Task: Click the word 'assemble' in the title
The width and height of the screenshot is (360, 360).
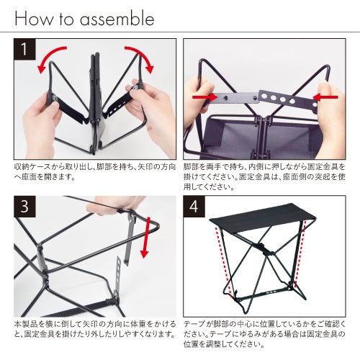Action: pos(117,19)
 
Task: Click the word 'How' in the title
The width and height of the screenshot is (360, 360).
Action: pos(34,19)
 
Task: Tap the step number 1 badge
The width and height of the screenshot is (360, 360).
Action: pos(24,49)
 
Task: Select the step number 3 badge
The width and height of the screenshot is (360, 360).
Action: pos(24,207)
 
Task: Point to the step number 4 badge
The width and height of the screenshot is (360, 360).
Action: pos(194,207)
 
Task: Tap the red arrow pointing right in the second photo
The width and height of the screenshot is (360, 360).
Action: pos(204,97)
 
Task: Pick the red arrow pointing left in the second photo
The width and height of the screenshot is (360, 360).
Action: pos(325,97)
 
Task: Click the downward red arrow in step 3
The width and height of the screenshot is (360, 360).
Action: pos(145,238)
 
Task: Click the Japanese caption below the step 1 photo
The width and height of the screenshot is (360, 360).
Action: pos(95,172)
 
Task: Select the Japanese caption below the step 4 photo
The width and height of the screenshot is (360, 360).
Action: pos(264,334)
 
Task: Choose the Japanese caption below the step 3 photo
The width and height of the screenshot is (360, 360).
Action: pos(95,329)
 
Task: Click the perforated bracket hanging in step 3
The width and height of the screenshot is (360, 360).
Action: pos(117,276)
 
